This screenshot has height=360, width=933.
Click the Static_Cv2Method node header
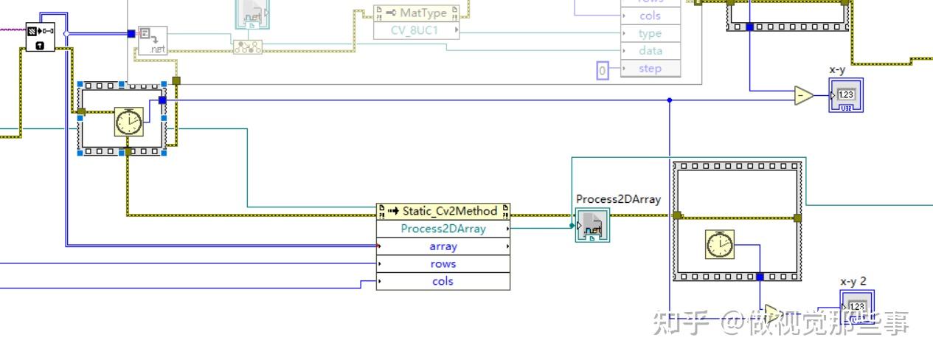[443, 211]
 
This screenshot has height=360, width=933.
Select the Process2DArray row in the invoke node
[443, 229]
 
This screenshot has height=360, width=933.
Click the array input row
[443, 246]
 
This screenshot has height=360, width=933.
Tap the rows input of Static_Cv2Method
[443, 264]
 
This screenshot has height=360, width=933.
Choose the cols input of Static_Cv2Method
[443, 281]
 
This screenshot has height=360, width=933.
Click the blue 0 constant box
[603, 71]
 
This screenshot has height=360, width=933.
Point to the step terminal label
[650, 69]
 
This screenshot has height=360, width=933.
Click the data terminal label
[650, 51]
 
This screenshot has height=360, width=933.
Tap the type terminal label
[650, 33]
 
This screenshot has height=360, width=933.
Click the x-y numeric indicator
[845, 96]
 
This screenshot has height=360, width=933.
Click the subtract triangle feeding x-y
[803, 96]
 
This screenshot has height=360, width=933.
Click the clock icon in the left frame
[128, 122]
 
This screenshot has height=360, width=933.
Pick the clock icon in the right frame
[720, 244]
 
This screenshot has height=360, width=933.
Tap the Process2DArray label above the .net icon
[608, 199]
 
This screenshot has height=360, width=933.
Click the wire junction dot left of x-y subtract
[670, 100]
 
